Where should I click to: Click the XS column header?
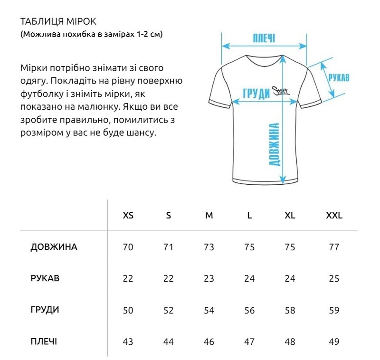click(x=128, y=215)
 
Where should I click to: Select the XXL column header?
click(x=334, y=215)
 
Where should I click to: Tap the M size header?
click(x=209, y=215)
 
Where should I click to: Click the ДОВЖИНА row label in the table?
click(x=54, y=247)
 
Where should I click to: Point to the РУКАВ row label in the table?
click(x=45, y=278)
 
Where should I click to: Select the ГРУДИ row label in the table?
click(x=45, y=310)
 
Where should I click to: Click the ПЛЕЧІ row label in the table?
click(x=44, y=341)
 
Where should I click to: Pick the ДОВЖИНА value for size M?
click(x=209, y=247)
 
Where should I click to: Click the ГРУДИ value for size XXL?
click(x=334, y=310)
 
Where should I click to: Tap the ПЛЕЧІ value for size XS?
click(x=128, y=341)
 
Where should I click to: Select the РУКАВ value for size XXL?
click(x=334, y=278)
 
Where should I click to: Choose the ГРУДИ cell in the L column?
click(x=249, y=310)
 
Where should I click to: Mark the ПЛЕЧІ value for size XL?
click(x=290, y=341)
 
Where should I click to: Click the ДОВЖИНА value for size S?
click(x=169, y=247)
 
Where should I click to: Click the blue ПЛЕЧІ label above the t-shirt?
click(x=264, y=38)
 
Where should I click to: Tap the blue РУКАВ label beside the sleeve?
click(x=339, y=77)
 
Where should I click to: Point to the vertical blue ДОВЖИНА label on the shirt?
click(x=274, y=144)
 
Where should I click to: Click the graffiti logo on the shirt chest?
click(x=281, y=90)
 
